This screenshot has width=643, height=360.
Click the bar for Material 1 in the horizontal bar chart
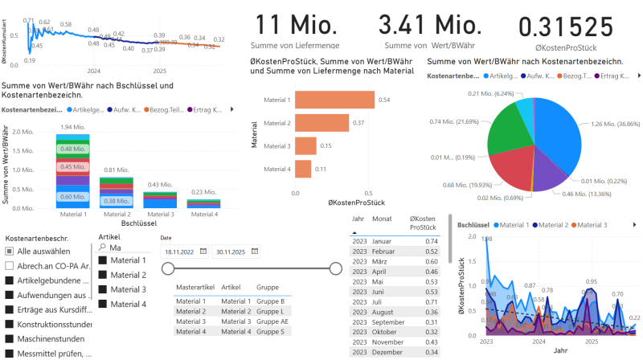(x=334, y=100)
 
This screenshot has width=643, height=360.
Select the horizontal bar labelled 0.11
(x=304, y=169)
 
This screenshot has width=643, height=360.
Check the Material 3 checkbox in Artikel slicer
(x=102, y=289)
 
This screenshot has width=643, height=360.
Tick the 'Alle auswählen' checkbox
(x=9, y=252)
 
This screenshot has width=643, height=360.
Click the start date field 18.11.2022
(x=180, y=252)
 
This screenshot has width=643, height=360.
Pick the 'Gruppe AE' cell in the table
(x=272, y=321)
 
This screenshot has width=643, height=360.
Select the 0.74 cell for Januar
(x=431, y=241)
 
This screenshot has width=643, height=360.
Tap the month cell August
(x=383, y=311)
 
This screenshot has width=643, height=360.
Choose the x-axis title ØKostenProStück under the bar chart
(x=354, y=202)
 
